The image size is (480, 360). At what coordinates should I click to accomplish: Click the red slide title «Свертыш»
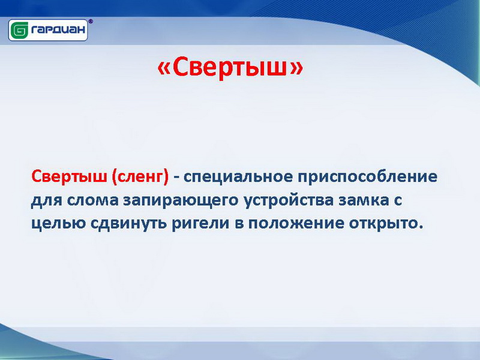pos(230,67)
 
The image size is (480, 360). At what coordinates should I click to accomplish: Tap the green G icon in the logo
pos(19,31)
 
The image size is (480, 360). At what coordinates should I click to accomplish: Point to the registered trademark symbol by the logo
pos(91,21)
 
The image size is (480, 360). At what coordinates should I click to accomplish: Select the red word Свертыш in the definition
pos(70,176)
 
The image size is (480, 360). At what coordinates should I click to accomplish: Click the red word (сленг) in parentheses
pos(140,177)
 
